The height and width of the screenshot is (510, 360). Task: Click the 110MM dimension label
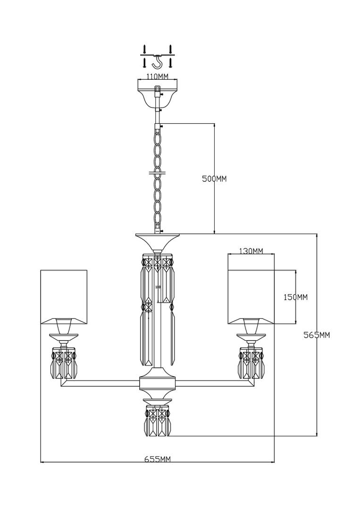coord(158,76)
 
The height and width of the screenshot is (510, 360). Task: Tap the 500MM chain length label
coord(214,179)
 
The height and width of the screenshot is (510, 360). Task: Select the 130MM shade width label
coord(251,251)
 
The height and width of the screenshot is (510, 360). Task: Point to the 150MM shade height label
coord(295,297)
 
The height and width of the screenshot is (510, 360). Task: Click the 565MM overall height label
coord(316,335)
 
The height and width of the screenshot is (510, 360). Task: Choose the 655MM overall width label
coord(158,459)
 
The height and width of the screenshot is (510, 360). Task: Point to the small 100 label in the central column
coord(158,287)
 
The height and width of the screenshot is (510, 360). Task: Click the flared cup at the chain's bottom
coord(158,241)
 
